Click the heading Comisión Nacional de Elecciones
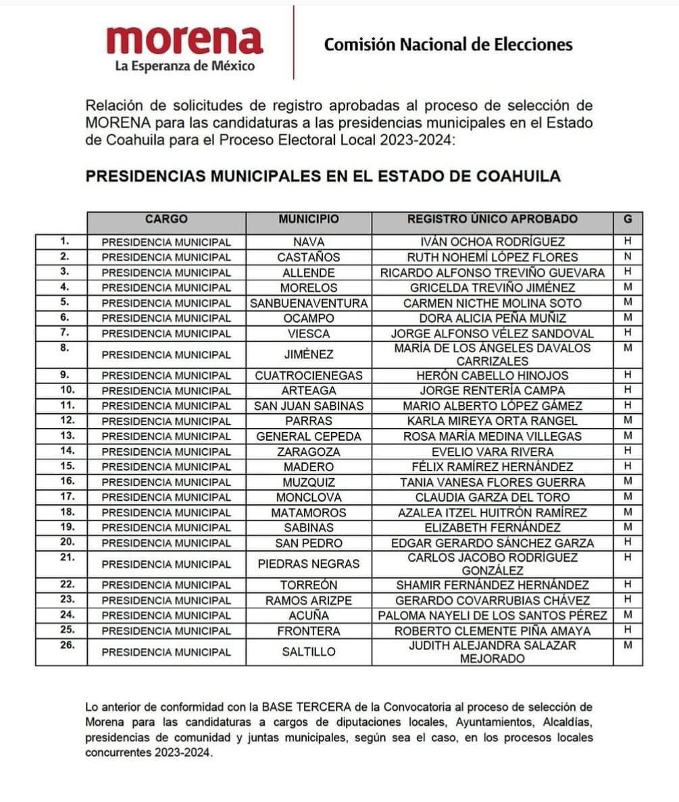448,45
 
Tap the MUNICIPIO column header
309,219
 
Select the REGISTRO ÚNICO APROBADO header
492,219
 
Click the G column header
628,219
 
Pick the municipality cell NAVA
309,242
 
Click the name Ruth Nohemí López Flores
492,257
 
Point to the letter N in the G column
628,257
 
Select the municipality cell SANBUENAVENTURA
309,303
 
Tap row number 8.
64,348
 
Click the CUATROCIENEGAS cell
309,375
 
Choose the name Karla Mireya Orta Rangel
492,421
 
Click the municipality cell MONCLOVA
309,498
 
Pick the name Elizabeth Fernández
492,528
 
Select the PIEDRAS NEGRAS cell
309,564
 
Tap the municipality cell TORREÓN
309,585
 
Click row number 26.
64,645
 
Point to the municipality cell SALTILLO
309,652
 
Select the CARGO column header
166,219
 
